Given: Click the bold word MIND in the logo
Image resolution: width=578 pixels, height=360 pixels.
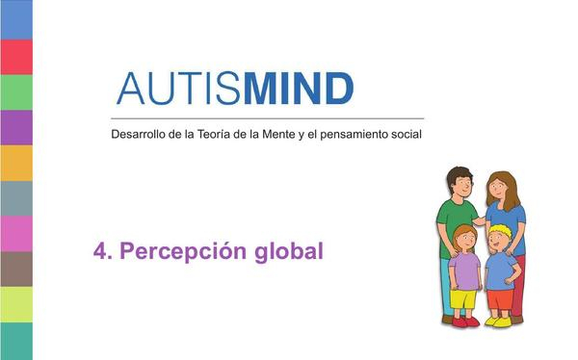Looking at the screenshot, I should tap(299, 89).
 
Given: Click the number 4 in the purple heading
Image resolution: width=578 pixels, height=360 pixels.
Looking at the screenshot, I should tap(99, 251).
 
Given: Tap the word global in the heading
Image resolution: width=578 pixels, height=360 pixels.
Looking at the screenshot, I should tap(287, 252).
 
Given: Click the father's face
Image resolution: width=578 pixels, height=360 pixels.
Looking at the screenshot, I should tap(460, 187).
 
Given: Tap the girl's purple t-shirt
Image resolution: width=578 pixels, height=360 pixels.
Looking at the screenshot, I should tap(465, 270).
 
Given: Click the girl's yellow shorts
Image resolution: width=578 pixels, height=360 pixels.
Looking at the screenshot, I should tap(464, 299).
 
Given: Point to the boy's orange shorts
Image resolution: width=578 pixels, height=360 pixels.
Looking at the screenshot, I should tap(499, 298).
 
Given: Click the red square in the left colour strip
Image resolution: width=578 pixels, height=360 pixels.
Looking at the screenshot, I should tap(15, 56).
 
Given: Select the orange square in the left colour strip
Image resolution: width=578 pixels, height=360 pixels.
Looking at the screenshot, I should tap(15, 163).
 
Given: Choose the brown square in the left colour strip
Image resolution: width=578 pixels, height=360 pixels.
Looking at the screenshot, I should tap(15, 269).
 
